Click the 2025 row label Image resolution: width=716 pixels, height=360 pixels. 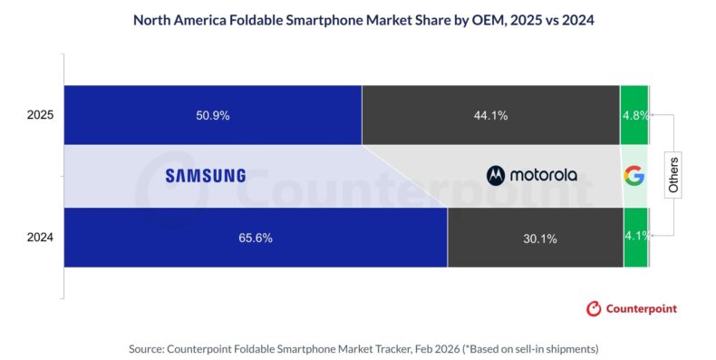click(x=40, y=115)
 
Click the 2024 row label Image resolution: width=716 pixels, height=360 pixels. click(x=40, y=238)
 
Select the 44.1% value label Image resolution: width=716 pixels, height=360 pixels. click(x=490, y=115)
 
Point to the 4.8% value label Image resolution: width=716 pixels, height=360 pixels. click(x=634, y=115)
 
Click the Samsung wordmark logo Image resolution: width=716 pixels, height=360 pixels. click(x=206, y=176)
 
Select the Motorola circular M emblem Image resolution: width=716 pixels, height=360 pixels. click(x=496, y=175)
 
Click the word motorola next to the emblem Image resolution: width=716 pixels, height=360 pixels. click(x=543, y=175)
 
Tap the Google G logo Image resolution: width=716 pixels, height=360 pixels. click(x=634, y=176)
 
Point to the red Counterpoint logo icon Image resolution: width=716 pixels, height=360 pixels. click(x=594, y=308)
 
